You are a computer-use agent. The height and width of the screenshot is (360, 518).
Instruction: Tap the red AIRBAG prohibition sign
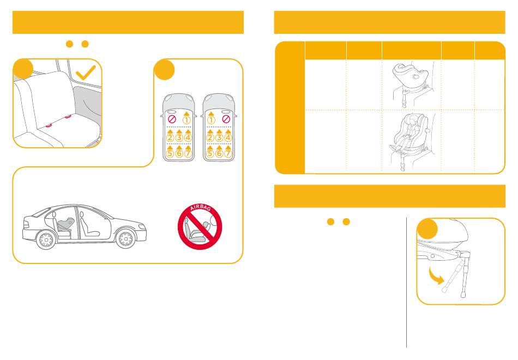pos(200,227)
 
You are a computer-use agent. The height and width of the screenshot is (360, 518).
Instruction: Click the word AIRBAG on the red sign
pos(201,208)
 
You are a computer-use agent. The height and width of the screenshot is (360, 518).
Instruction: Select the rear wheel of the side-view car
pos(46,239)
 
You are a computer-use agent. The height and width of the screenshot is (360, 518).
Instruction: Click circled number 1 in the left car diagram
pos(186,120)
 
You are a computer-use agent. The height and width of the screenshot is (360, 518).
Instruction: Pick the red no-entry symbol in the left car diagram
pos(172,119)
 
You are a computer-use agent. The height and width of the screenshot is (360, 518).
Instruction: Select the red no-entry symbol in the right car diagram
pos(226,119)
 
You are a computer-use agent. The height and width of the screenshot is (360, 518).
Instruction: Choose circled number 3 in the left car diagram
pos(179,137)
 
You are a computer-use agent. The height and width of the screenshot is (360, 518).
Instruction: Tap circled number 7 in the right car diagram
pos(228,153)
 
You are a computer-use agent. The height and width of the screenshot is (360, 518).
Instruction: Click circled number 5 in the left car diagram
pos(170,153)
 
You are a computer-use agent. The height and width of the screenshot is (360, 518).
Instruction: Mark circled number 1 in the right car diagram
pos(211,120)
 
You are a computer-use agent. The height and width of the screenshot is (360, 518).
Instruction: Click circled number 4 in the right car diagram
pos(228,137)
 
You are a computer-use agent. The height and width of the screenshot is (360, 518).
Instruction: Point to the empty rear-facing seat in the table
pos(409,79)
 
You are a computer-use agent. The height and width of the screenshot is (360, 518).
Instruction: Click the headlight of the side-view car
pos(142,227)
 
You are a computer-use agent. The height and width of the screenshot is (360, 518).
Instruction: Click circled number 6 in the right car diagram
pos(219,153)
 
